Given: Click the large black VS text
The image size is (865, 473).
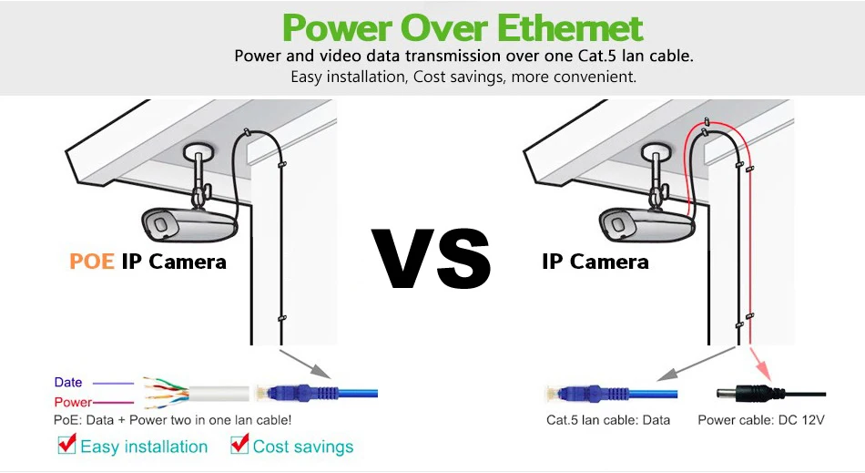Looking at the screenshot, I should click(432, 260).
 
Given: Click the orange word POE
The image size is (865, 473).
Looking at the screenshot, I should click(92, 262).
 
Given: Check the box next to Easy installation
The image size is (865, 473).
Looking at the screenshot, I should click(66, 445).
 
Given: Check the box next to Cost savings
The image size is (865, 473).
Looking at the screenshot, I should click(239, 445).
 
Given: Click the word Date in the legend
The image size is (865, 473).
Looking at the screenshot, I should click(68, 383).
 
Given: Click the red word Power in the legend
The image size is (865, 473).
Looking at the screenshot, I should click(73, 402).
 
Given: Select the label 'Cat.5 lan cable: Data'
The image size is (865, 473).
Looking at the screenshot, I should click(607, 420).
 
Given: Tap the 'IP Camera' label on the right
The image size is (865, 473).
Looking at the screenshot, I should click(595, 262).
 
